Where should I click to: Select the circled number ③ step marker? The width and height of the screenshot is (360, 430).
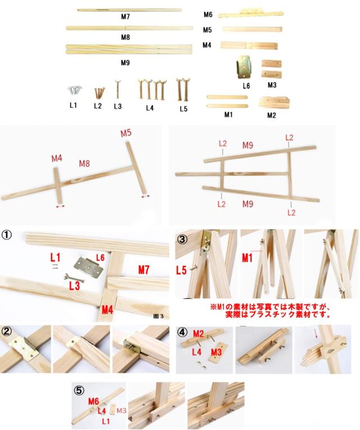182,238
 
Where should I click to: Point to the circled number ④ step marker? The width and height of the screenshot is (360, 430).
182,332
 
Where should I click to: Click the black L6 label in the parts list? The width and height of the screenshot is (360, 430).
246,86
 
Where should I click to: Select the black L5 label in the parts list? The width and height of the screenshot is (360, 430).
183,109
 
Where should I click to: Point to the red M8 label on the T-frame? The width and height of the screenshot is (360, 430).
85,164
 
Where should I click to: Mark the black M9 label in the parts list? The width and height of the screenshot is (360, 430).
125,62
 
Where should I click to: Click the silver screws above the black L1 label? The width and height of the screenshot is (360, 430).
74,90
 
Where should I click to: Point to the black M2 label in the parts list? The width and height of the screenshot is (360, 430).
272,115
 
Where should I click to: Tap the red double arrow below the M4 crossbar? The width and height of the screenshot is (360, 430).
60,207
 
